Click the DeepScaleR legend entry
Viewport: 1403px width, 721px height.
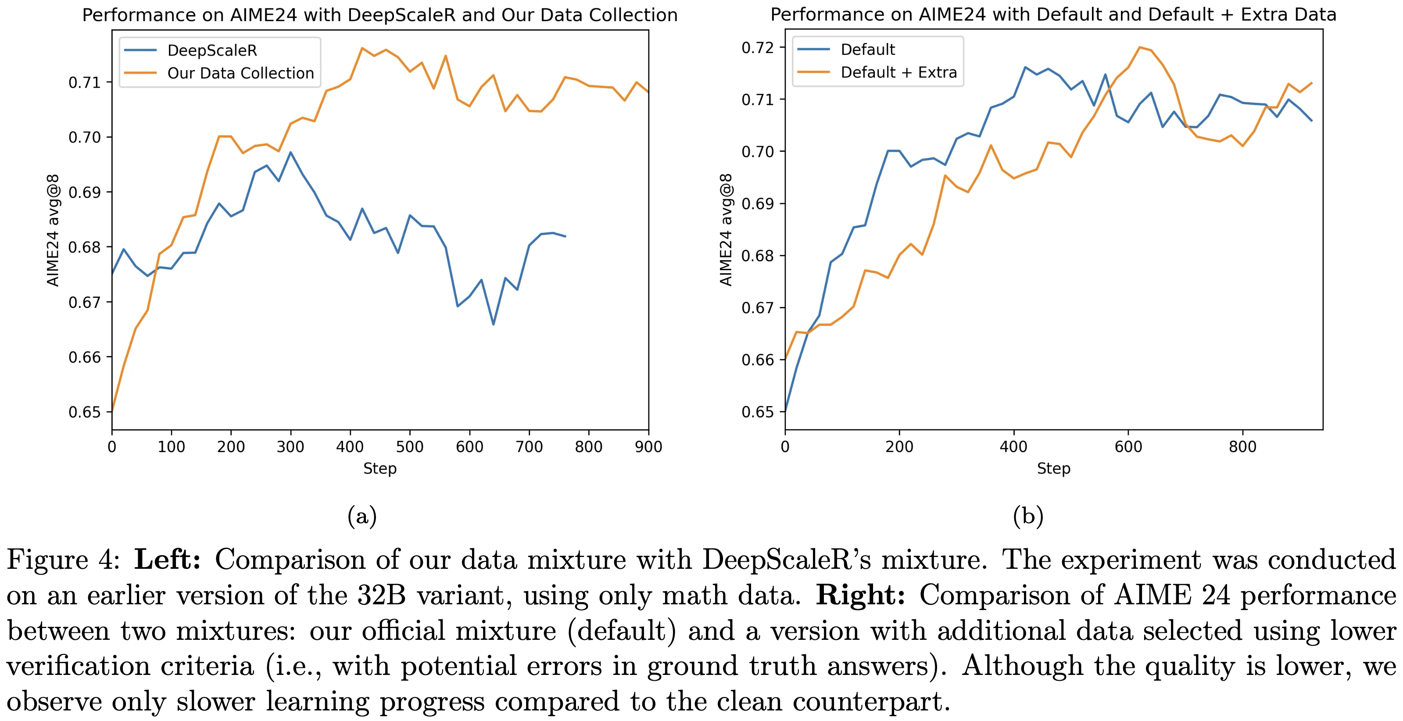[x=212, y=50]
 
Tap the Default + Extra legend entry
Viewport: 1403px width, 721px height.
[x=898, y=72]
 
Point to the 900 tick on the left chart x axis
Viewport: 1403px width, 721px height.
[x=648, y=447]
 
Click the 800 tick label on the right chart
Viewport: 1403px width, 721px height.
[x=1242, y=447]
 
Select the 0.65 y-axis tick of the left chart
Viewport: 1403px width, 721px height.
[x=84, y=412]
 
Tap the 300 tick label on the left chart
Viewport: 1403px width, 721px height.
[x=290, y=447]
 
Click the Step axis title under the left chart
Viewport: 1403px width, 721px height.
[x=379, y=468]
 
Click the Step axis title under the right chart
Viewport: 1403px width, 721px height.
[x=1053, y=468]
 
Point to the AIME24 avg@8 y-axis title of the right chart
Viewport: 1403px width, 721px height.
[x=726, y=229]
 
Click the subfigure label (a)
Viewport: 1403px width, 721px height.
[x=362, y=516]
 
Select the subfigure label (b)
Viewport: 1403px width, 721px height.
[x=1028, y=516]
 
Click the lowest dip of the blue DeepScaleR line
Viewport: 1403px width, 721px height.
[x=494, y=325]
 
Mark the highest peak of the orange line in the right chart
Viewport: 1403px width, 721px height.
[x=1139, y=47]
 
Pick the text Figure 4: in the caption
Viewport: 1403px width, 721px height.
[x=63, y=560]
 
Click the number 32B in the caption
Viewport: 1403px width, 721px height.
[x=382, y=595]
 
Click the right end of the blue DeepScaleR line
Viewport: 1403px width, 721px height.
[x=565, y=236]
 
